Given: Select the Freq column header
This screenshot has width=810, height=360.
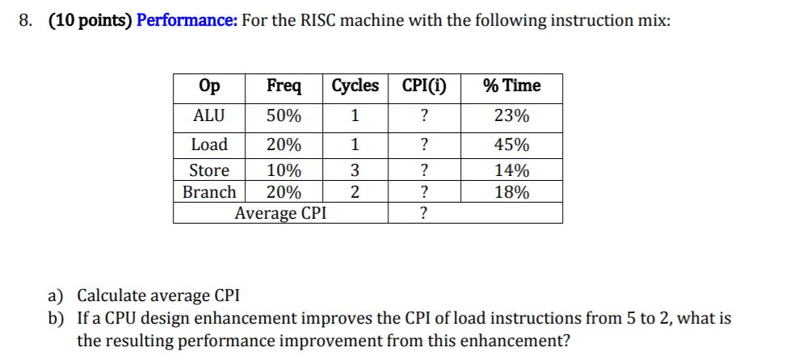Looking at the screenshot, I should (283, 86).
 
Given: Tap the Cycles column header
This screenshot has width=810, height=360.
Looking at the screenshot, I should (355, 86).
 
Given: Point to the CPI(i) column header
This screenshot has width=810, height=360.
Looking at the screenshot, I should (424, 86).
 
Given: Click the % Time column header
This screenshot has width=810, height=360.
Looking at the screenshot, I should (511, 86).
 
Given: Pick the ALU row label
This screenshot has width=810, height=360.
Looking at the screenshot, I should (209, 116).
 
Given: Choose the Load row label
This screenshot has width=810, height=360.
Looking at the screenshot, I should (209, 145).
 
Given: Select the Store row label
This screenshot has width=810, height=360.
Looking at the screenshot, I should (209, 170).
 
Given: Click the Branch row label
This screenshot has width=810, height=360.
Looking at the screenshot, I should (209, 192).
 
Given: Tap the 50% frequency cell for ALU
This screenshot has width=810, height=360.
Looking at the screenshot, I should (283, 116).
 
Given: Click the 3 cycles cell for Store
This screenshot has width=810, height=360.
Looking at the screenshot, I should (355, 170).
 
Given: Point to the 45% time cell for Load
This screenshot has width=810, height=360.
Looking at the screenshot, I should (511, 145).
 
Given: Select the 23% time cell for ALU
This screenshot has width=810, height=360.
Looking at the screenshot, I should (511, 116).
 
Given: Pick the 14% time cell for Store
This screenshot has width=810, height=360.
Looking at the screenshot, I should (511, 170).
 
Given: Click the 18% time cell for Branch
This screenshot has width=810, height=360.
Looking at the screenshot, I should (511, 192).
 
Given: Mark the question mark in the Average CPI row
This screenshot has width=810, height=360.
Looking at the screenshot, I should (424, 214).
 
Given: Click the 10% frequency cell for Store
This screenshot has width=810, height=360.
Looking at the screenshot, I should (283, 170).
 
